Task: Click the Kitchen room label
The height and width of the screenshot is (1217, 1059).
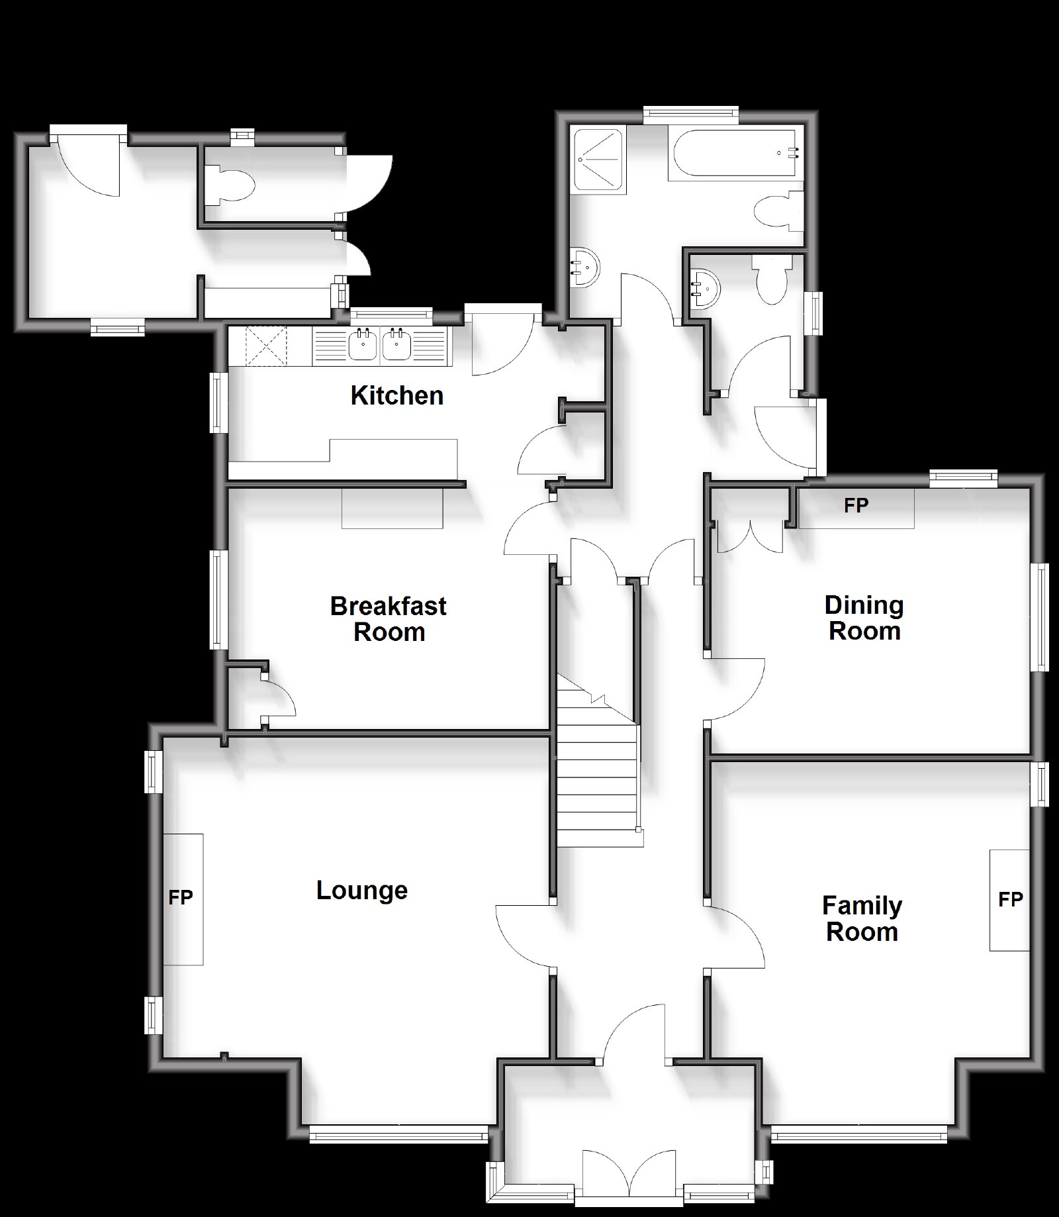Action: pos(397,395)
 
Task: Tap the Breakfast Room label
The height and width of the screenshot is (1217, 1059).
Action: pos(389,618)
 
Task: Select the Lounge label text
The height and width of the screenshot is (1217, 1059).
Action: pos(362,890)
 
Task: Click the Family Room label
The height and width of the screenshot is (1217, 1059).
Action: pos(862,918)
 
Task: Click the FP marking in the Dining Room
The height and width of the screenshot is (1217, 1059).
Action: pos(856,505)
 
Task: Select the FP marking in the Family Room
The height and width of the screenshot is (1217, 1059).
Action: pos(1011,899)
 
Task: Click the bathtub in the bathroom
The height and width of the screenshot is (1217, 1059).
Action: pos(735,154)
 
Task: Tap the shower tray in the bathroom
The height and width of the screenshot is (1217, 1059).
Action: pos(598,161)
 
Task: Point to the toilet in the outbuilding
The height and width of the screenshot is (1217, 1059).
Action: pos(229,183)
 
